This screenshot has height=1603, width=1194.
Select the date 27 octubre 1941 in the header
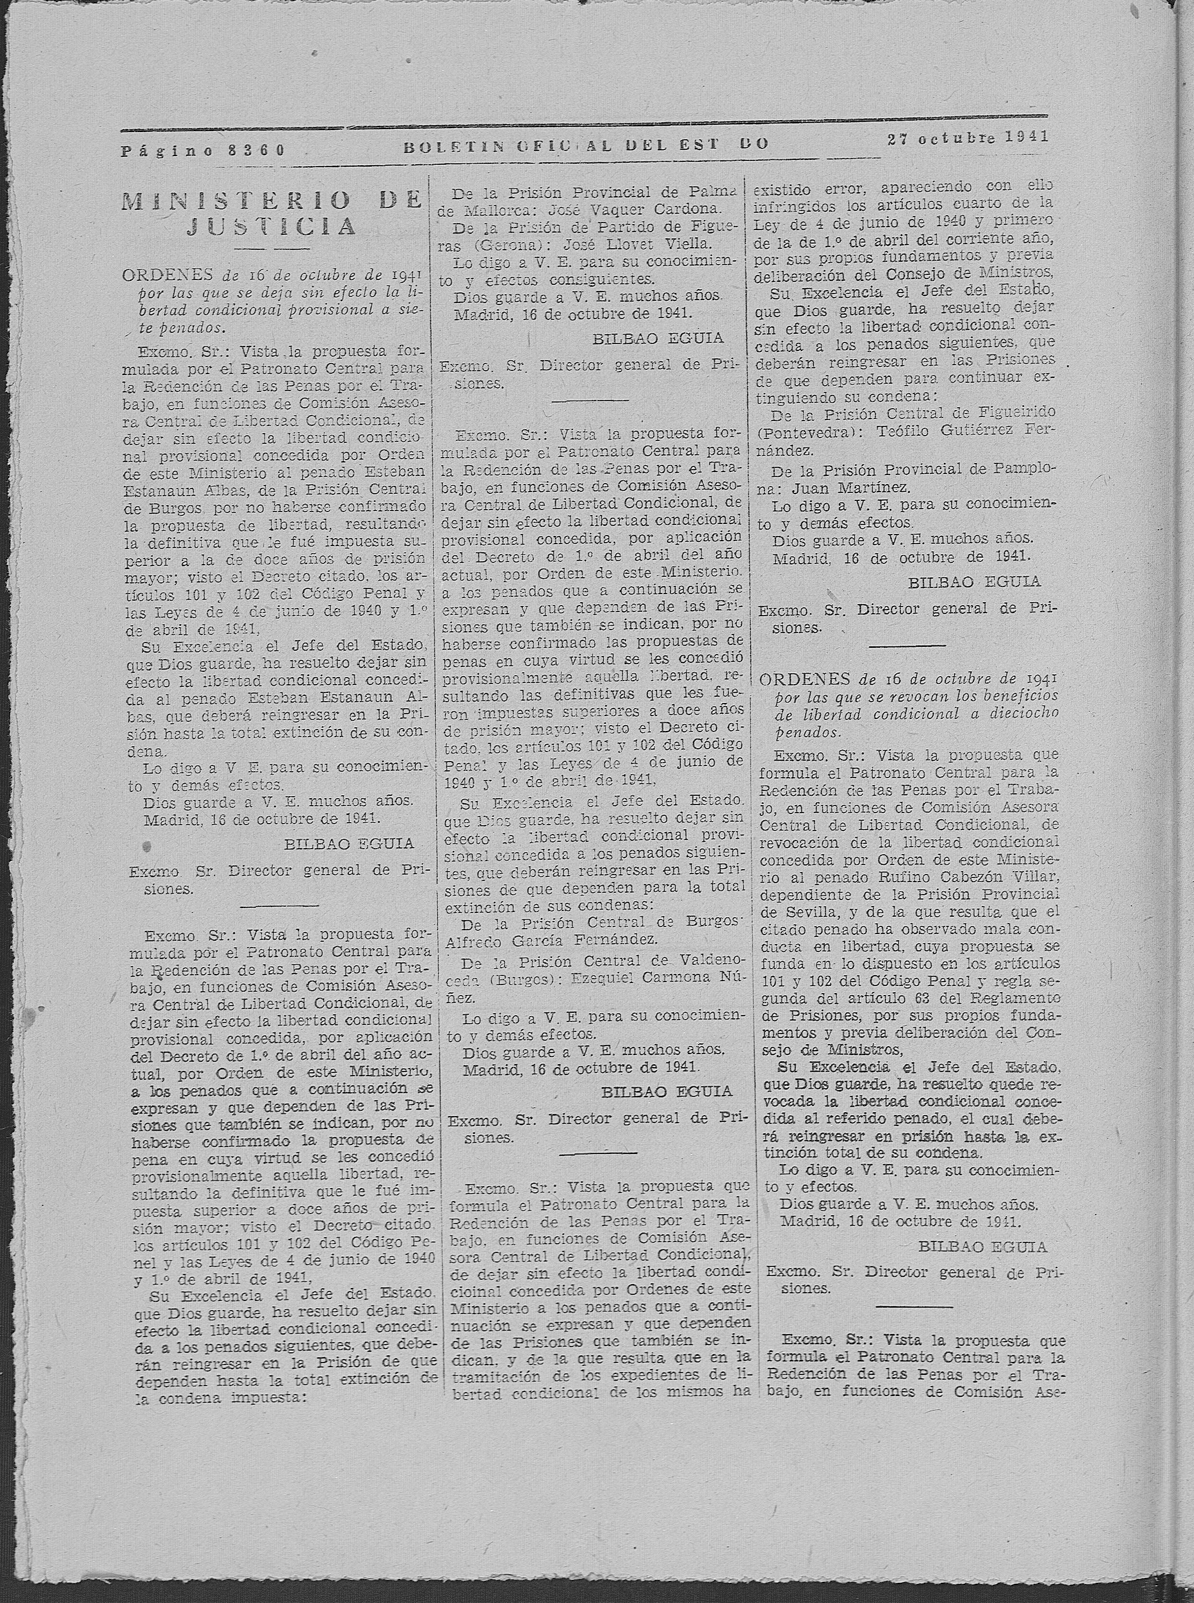(x=968, y=138)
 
